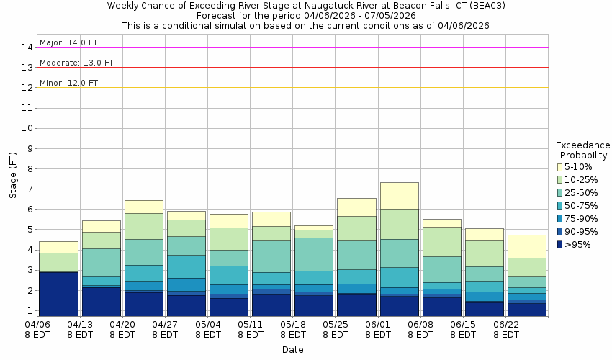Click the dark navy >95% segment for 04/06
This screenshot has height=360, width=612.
58,294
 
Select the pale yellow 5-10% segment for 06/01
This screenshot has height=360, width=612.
399,195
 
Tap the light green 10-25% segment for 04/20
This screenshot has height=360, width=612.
143,226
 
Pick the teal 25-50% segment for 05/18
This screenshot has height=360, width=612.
314,254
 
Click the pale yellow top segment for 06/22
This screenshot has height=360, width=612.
526,246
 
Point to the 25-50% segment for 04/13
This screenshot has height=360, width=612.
101,263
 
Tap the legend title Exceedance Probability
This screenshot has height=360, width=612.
583,150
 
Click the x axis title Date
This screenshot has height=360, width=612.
292,350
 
